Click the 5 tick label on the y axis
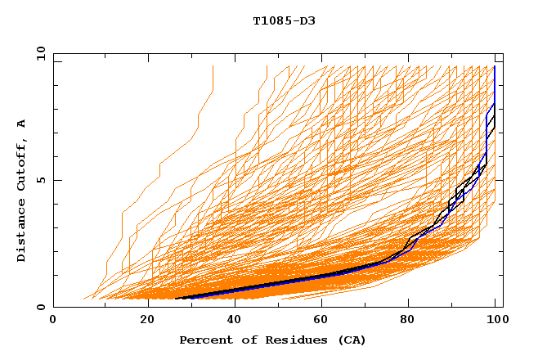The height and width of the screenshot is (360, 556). pos(40,180)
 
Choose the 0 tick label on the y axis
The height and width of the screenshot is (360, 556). pos(40,307)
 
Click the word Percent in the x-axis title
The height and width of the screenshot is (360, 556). pos(204,340)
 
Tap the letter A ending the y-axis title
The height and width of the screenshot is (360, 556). pos(21,123)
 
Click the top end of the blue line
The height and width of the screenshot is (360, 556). pos(495,66)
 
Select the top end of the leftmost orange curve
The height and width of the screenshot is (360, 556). pos(213,66)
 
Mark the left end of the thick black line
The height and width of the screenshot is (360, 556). pos(177,299)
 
